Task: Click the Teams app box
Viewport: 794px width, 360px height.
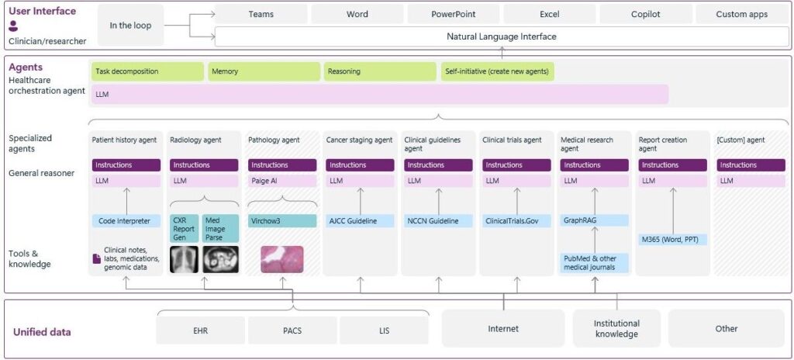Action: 261,14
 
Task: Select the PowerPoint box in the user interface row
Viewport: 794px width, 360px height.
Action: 454,14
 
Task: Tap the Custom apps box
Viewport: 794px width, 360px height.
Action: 741,14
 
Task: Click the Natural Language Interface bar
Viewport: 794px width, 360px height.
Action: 501,36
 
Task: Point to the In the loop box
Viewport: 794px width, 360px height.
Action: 130,25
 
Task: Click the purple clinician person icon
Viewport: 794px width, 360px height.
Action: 13,26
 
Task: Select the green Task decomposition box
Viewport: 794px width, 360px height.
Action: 147,71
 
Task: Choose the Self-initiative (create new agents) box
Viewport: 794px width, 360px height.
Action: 497,71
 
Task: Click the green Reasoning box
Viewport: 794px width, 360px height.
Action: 380,71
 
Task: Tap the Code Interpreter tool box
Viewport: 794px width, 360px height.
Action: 125,221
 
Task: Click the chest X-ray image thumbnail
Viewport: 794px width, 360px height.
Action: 184,259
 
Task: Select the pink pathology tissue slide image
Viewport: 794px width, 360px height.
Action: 281,259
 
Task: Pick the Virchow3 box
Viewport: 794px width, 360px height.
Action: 281,221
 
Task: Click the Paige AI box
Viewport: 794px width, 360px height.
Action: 281,181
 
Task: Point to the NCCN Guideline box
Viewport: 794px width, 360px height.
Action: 438,221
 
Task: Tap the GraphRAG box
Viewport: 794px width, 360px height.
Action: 594,221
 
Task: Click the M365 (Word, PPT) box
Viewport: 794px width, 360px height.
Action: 672,240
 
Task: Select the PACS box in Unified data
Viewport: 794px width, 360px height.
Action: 292,329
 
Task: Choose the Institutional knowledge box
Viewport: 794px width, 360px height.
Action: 616,328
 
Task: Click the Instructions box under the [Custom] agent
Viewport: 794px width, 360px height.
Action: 751,165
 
